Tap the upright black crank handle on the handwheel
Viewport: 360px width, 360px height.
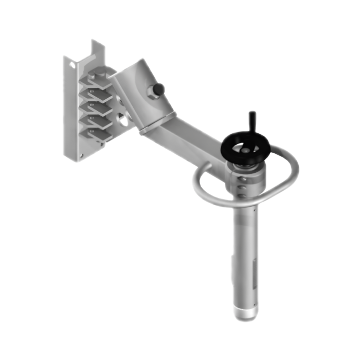click(x=252, y=119)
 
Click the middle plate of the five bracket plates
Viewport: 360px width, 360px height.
click(x=98, y=108)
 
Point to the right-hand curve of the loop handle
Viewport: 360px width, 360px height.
click(x=293, y=167)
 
